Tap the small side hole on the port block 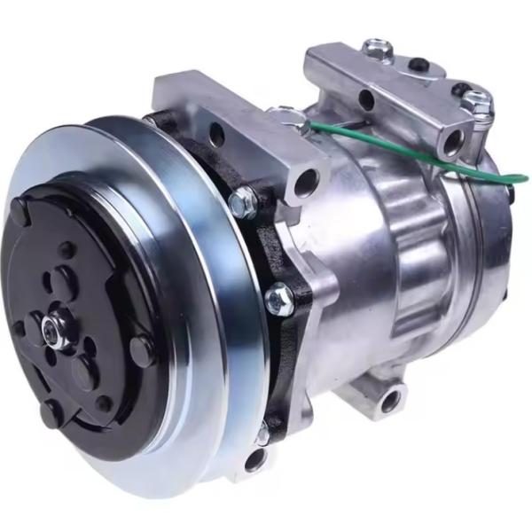tap(364, 98)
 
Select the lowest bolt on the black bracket tap(263, 434)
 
